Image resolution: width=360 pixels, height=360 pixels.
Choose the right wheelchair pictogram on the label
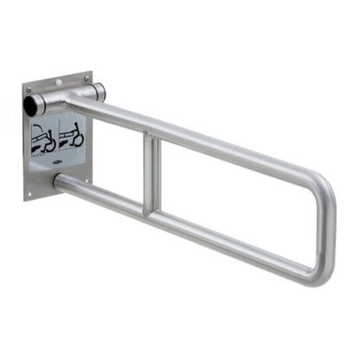tap(71, 133)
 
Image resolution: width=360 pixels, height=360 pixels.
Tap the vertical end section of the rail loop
tap(328, 229)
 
